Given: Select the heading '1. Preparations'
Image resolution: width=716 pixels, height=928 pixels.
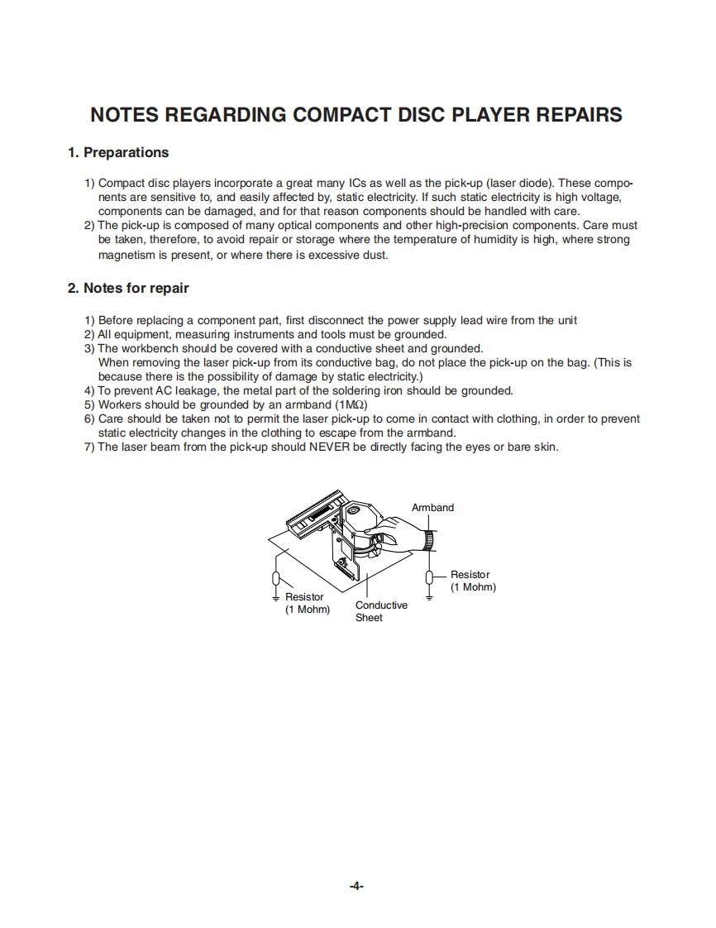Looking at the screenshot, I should point(117,152).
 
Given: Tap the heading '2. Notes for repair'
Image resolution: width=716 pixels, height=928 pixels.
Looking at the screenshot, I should point(127,288).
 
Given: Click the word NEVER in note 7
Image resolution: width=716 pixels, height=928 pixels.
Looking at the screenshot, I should point(331,447).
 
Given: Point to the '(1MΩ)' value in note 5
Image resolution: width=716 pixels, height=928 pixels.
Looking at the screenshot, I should point(351,404).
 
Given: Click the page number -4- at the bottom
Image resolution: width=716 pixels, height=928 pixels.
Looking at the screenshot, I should point(356,886).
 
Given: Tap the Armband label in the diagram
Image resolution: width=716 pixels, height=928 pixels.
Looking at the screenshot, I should point(432,507).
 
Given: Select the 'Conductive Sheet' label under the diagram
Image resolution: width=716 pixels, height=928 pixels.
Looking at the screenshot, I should point(381,611).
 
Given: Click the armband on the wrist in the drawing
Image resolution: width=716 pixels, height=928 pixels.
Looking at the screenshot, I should point(430,538).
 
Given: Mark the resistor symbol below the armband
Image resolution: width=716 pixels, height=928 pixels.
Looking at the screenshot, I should point(430,576).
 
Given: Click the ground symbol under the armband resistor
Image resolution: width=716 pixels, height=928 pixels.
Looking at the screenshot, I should point(430,596).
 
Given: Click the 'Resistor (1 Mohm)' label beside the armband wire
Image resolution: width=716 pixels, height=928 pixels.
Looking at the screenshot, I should point(472,581).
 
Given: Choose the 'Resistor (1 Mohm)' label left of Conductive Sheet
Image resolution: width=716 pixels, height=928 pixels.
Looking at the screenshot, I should point(307,603).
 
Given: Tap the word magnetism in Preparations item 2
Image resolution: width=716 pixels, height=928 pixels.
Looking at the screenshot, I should point(128,255).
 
